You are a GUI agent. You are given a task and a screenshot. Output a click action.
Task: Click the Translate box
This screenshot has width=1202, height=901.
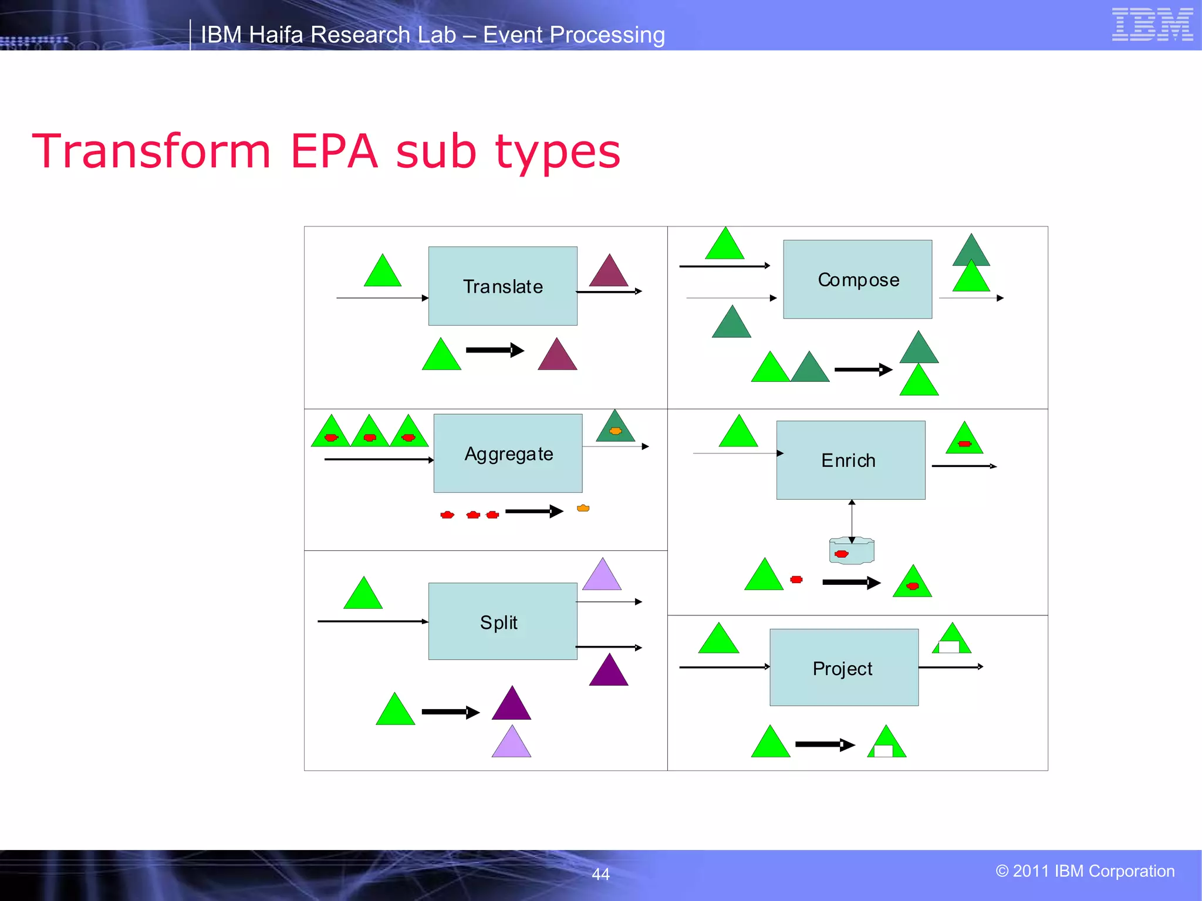click(x=502, y=286)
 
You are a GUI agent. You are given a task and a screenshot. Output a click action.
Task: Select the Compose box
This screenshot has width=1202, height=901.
click(x=857, y=280)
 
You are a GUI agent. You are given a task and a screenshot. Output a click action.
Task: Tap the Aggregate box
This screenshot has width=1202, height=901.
click(x=508, y=453)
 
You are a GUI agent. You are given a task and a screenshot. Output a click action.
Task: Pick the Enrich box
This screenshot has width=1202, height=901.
click(x=850, y=460)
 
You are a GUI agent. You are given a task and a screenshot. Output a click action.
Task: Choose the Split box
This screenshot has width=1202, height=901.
click(x=502, y=621)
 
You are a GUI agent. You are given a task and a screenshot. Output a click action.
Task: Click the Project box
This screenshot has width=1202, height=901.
click(x=843, y=668)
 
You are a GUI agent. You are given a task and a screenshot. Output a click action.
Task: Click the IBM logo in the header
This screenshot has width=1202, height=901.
click(x=1152, y=25)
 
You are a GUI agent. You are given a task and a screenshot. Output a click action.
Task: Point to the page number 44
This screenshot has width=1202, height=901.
click(x=600, y=874)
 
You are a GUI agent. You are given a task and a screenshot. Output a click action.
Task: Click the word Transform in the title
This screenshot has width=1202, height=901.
click(x=151, y=151)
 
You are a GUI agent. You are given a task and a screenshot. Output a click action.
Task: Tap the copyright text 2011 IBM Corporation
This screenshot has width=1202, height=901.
click(x=1085, y=871)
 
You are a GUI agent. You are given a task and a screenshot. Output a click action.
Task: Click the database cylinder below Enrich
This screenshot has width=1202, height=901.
click(x=852, y=551)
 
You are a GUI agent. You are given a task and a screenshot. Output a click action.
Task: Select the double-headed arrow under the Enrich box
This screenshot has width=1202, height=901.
click(x=852, y=520)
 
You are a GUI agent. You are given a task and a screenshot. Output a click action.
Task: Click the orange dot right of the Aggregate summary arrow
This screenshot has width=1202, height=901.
click(x=583, y=508)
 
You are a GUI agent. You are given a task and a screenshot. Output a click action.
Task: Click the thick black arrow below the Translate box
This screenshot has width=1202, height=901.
click(x=494, y=350)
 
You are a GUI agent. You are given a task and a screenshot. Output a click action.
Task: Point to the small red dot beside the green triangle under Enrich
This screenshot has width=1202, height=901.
click(x=796, y=580)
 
